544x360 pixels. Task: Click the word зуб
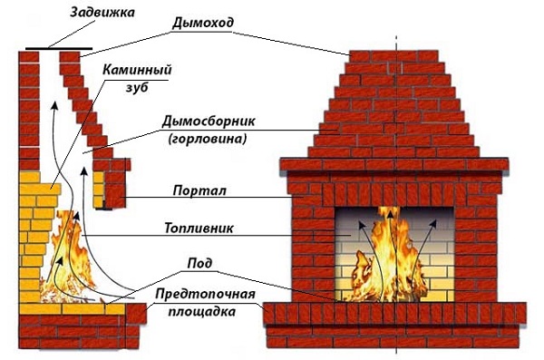click(x=138, y=87)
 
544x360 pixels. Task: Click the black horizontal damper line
click(x=60, y=45)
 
